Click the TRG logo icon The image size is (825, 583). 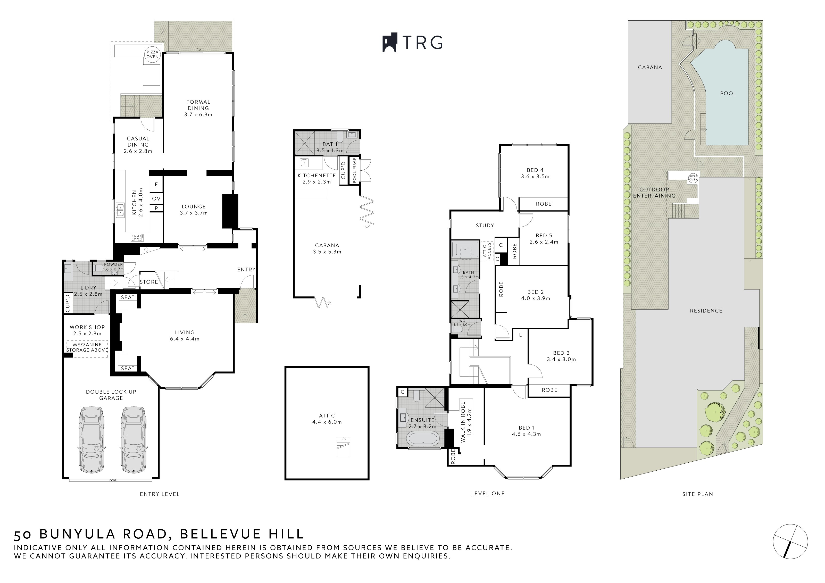point(389,43)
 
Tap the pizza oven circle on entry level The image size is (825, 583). point(152,55)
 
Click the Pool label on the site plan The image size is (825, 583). point(728,94)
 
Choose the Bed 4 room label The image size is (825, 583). point(535,173)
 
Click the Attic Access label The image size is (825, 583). point(487,251)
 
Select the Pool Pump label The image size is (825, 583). point(355,170)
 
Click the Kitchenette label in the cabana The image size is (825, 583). point(316,176)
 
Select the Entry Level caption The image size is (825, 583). point(160,494)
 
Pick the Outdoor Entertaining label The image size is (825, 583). point(654,193)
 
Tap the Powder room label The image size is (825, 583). point(113,264)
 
